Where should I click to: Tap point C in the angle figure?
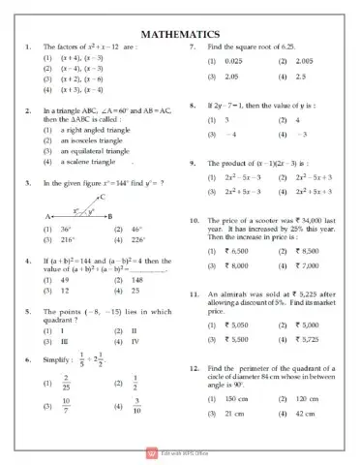point(101,198)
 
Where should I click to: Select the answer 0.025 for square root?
point(235,61)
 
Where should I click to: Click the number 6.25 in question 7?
point(313,46)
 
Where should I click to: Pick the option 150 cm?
point(235,398)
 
